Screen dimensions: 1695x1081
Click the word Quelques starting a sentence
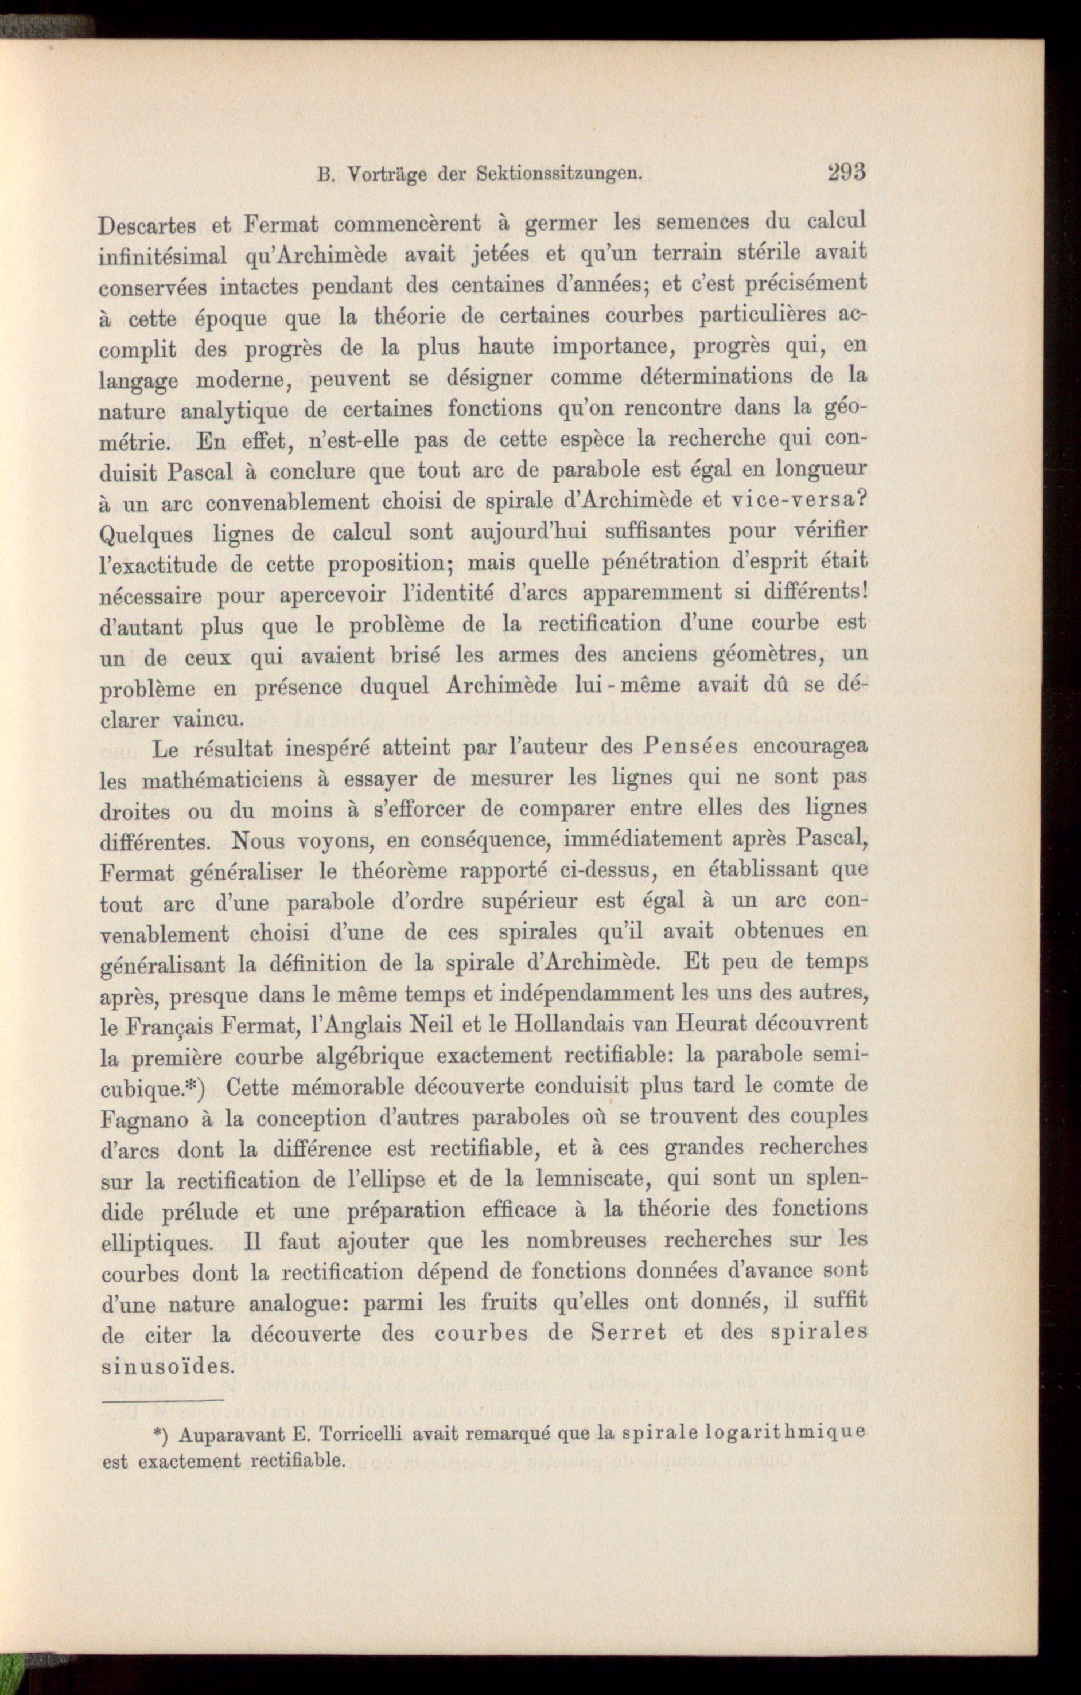click(146, 534)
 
